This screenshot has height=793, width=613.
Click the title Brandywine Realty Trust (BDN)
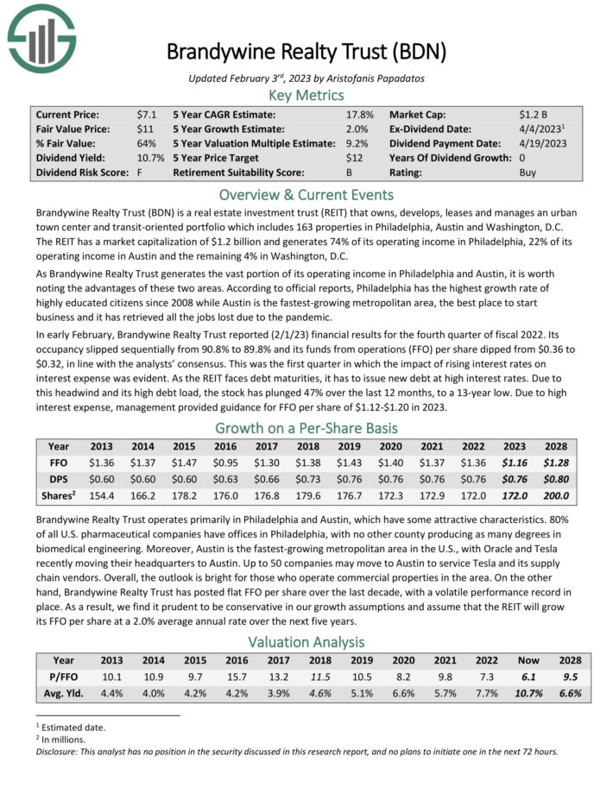tap(306, 52)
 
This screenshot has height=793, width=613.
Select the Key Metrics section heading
tap(306, 96)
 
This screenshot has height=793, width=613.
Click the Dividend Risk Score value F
tap(140, 173)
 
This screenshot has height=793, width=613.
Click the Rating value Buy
tap(528, 173)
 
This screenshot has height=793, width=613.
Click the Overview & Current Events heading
tap(306, 194)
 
